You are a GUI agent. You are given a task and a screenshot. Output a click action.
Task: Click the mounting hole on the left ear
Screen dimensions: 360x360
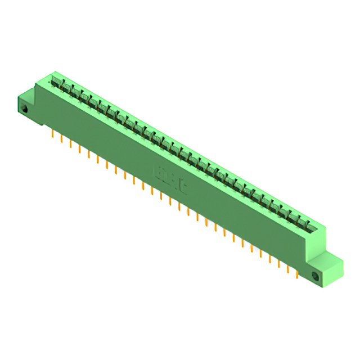pyautogui.click(x=24, y=108)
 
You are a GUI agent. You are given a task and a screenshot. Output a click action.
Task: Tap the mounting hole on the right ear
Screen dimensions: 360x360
pyautogui.click(x=315, y=275)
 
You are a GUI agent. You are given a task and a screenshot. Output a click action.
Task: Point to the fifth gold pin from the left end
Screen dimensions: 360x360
pyautogui.click(x=88, y=155)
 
